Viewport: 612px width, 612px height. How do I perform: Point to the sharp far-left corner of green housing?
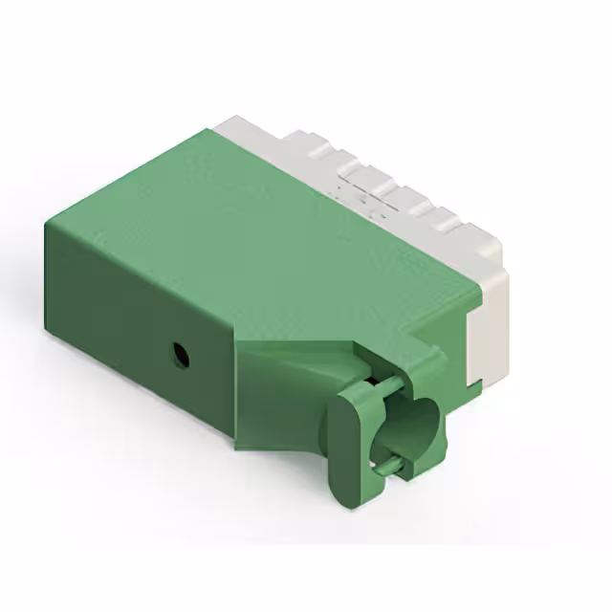45,223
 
